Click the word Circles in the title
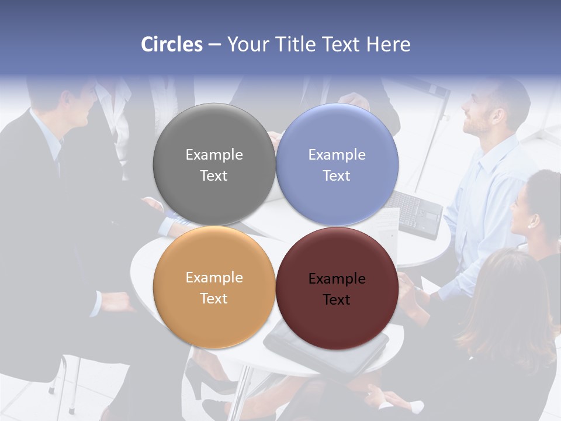click(172, 44)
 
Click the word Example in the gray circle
click(214, 154)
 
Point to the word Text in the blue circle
click(337, 175)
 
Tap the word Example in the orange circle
click(214, 277)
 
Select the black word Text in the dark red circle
click(337, 299)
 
